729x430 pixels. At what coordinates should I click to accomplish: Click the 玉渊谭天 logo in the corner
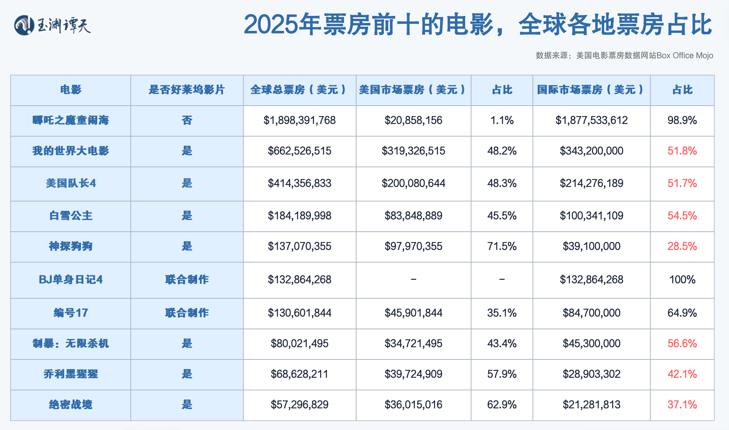point(53,25)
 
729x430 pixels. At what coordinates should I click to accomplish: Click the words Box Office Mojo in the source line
point(685,56)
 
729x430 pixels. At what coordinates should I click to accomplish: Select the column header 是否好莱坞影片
point(187,90)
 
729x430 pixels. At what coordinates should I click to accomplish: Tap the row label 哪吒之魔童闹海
point(71,120)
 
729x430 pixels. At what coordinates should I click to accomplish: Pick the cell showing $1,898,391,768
point(299,120)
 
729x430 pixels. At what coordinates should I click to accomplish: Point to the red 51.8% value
point(682,151)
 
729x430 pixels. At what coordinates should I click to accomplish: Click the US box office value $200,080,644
point(413,183)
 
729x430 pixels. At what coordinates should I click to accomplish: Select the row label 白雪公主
point(71,216)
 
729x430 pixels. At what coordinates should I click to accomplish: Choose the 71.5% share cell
point(501,246)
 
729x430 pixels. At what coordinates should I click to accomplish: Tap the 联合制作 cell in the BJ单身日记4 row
point(187,280)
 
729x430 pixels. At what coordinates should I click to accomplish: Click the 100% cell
point(682,280)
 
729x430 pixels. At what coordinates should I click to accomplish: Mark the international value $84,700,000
point(591,313)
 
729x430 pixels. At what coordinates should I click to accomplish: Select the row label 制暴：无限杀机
point(71,344)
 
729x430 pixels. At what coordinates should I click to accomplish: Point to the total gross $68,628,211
point(299,374)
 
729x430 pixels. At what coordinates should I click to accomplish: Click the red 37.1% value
point(682,405)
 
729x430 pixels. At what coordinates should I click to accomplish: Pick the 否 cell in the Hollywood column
point(187,120)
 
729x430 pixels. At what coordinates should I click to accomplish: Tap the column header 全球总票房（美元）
point(299,90)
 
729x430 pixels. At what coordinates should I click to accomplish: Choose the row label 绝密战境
point(71,405)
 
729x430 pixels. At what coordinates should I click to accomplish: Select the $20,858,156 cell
point(413,120)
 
